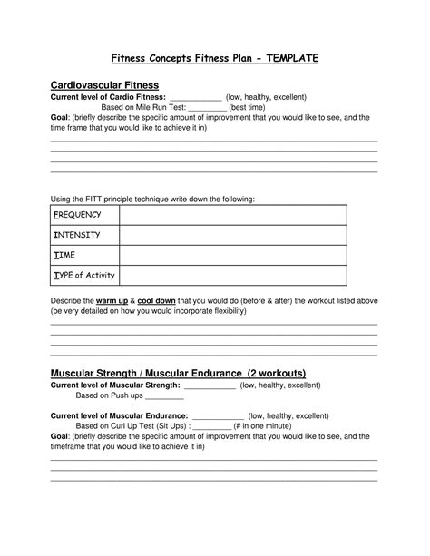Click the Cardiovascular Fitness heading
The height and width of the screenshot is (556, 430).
[x=103, y=84]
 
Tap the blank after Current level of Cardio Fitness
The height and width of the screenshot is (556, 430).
[x=195, y=98]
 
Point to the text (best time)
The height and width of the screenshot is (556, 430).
[x=247, y=107]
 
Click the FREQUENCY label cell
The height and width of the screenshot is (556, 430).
[x=83, y=215]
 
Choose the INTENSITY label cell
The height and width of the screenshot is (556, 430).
[x=83, y=235]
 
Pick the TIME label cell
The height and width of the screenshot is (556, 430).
[x=83, y=256]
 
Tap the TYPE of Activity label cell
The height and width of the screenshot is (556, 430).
[x=83, y=276]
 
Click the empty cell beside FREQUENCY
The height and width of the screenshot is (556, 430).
[x=232, y=215]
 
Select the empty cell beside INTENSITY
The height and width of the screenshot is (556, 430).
[x=232, y=235]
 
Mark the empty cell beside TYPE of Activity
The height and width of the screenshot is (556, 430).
[x=232, y=276]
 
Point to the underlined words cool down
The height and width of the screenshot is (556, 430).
[x=158, y=300]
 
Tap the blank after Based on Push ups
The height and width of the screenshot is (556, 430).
[x=164, y=396]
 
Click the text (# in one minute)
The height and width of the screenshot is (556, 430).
[x=262, y=425]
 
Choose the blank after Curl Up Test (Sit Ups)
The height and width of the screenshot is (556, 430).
[x=211, y=425]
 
